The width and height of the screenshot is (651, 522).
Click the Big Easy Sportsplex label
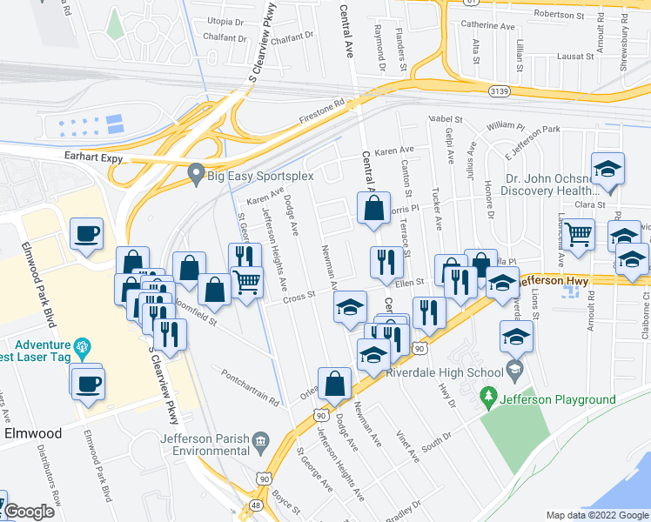[260, 176]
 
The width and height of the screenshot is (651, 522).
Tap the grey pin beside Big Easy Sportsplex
[196, 174]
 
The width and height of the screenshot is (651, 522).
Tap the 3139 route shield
[499, 90]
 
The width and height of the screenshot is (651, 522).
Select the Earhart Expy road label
[93, 159]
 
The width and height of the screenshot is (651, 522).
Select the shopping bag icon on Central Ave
[373, 209]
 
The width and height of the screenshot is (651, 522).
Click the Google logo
[29, 512]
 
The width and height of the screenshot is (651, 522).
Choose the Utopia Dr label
[225, 21]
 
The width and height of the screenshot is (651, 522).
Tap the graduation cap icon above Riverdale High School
[516, 336]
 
